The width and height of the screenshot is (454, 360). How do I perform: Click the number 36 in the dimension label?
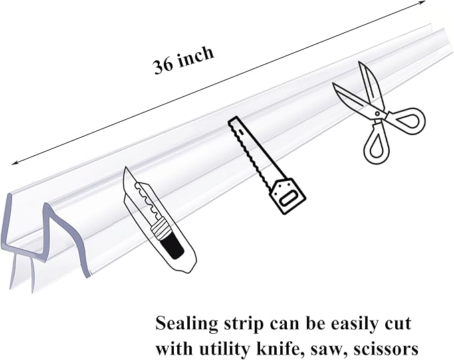(163, 66)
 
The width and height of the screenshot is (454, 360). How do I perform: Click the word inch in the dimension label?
(196, 56)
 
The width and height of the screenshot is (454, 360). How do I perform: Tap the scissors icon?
(378, 113)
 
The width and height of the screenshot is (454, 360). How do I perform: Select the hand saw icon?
(267, 165)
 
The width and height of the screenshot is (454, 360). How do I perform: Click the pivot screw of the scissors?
(377, 113)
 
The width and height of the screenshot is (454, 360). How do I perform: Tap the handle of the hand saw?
(288, 196)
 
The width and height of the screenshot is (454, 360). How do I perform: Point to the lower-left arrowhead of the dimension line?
(15, 163)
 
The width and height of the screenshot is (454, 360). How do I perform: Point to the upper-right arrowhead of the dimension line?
(422, 2)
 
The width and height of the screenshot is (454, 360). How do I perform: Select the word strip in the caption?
(244, 325)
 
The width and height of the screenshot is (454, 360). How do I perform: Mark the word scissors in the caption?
(386, 349)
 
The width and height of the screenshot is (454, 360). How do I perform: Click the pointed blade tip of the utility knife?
(125, 168)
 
